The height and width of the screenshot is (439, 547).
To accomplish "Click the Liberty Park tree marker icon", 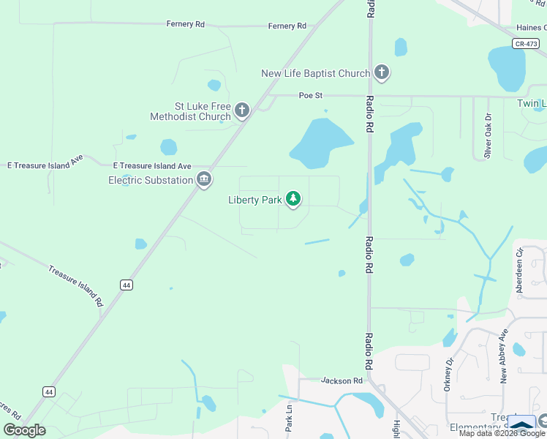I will (293, 199).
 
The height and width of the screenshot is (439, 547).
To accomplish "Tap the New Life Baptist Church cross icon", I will (381, 72).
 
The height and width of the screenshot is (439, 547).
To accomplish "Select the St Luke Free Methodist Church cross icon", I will (242, 111).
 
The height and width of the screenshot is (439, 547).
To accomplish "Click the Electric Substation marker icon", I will (204, 179).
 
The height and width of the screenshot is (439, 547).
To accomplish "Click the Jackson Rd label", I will (342, 381).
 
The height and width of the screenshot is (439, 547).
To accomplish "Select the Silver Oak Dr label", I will (488, 136).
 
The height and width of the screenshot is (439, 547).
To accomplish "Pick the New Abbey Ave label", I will (503, 359).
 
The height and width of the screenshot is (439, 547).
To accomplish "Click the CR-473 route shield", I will (526, 44).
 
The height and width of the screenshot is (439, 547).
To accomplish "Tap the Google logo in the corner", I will (25, 430).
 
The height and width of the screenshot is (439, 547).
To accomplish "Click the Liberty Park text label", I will (254, 200).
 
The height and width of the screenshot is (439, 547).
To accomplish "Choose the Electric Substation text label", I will (150, 180).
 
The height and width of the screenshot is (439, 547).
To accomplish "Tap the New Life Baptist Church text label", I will (316, 73).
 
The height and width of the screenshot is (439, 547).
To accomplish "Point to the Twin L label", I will (532, 104).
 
